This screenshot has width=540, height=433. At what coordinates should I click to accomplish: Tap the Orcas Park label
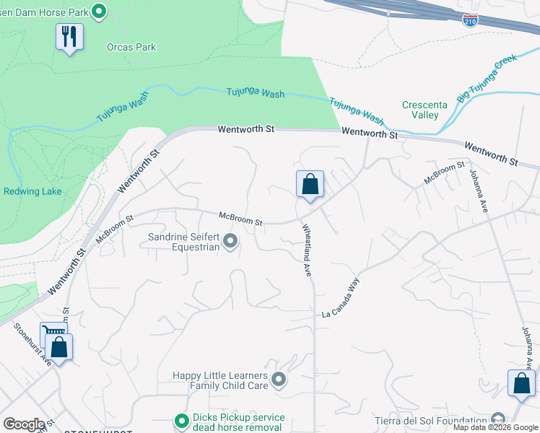(x=131, y=48)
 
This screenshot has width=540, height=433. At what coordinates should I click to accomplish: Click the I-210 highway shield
(x=470, y=19)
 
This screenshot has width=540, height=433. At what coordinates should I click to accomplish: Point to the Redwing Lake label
(x=32, y=191)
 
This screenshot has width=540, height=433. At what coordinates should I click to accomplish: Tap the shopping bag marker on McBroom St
(x=310, y=184)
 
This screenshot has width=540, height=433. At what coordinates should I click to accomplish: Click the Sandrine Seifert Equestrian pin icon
(x=230, y=241)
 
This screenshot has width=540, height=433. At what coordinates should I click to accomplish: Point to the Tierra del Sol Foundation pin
(x=497, y=420)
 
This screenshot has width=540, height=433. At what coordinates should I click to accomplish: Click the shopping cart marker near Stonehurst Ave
(x=51, y=333)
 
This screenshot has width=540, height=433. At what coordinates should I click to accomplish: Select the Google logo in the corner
(x=24, y=424)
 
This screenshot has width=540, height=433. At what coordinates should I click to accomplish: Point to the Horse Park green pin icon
(x=100, y=10)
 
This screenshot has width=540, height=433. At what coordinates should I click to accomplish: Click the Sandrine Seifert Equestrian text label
(x=183, y=242)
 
